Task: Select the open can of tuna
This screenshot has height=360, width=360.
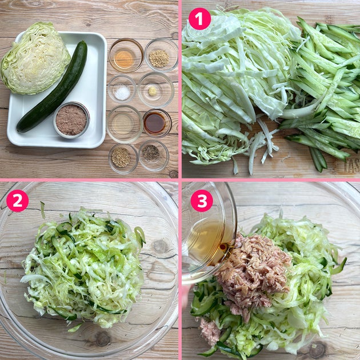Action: (71, 120)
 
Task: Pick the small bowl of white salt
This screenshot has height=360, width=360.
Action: (122, 89)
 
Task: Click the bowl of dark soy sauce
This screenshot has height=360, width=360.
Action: (157, 123)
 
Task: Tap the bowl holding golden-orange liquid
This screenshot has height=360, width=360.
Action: (126, 55)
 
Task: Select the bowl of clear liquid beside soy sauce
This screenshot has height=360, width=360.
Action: (125, 124)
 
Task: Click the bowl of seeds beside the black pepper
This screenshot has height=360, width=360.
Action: (123, 158)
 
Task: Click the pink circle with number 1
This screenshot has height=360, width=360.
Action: (199, 19)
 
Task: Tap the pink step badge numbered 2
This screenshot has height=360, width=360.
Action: (18, 201)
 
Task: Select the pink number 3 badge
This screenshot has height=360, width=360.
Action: (202, 201)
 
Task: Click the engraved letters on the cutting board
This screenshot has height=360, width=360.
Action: (351, 165)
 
